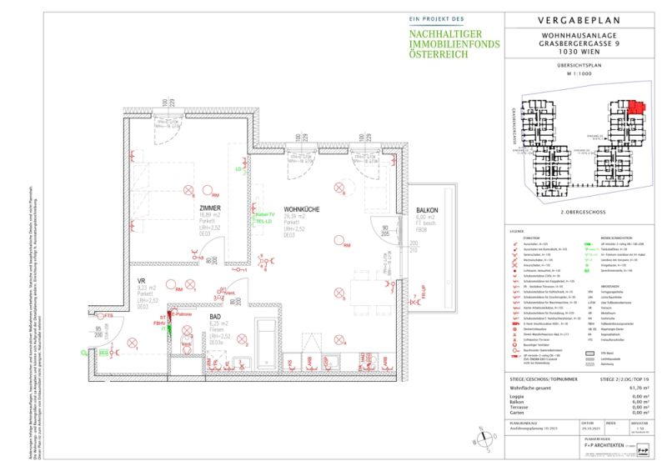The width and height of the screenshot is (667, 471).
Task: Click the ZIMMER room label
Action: [x=209, y=208]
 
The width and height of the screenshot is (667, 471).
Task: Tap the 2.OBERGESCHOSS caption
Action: [x=583, y=213]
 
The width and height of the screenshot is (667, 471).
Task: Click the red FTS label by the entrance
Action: [x=108, y=316]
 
